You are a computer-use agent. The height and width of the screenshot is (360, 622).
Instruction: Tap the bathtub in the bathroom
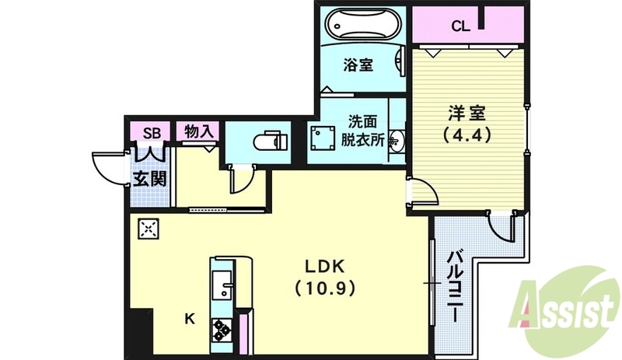pyautogui.click(x=362, y=25)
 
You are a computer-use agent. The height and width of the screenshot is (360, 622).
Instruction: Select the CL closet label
pyautogui.click(x=460, y=26)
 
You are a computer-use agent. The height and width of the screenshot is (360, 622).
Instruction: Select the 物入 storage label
pyautogui.click(x=198, y=131)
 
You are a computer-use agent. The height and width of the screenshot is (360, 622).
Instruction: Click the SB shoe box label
pyautogui.click(x=152, y=131)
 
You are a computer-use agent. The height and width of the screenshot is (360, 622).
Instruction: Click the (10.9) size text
pyautogui.click(x=324, y=288)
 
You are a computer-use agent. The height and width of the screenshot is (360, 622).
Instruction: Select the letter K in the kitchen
pyautogui.click(x=189, y=318)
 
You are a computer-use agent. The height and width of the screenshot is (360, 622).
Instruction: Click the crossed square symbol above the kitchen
pyautogui.click(x=149, y=229)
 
